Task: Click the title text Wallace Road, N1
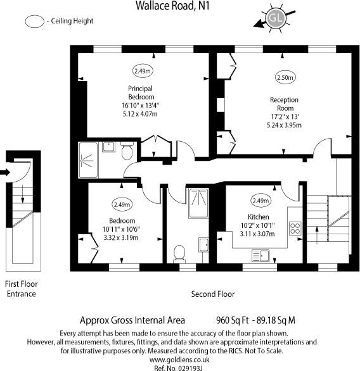click(179, 6)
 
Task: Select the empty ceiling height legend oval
click(34, 22)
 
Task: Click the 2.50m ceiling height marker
click(285, 77)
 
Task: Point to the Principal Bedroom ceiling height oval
click(141, 70)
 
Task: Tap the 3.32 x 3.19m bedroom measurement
click(120, 237)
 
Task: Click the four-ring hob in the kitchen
click(295, 227)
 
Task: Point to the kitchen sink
click(262, 255)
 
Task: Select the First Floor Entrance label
click(20, 289)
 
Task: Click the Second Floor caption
click(213, 294)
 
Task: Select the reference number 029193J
click(179, 366)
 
